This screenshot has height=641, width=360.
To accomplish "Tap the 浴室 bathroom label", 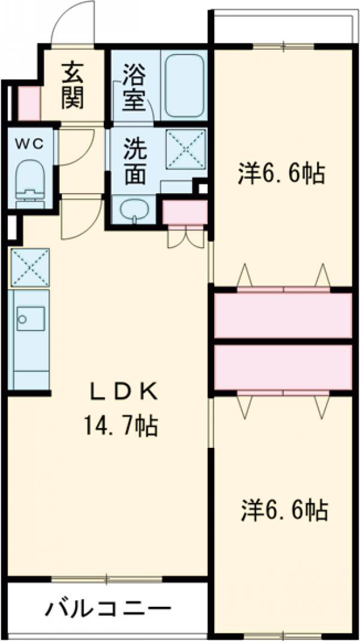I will tap(133, 88).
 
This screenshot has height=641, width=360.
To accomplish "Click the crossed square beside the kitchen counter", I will tap(29, 267).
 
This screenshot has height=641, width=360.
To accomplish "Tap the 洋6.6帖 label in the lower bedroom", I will tap(284, 510).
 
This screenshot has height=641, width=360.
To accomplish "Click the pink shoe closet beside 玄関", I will tap(28, 103).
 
